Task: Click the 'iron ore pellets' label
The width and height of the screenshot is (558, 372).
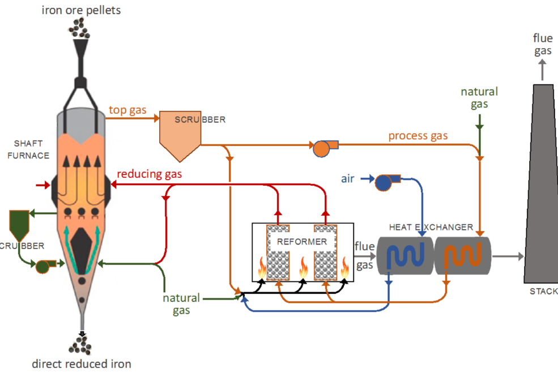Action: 81,10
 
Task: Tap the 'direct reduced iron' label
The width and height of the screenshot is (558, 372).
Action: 82,364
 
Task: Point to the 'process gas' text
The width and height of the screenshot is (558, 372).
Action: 418,136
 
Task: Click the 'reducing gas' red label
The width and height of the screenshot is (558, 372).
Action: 149,174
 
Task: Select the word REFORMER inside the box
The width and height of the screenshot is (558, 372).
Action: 302,241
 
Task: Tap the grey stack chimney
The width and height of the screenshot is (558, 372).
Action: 542,187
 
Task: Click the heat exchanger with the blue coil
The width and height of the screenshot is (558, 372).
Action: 404,255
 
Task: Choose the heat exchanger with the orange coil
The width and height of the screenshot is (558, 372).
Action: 463,255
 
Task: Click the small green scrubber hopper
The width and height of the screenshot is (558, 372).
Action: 19,224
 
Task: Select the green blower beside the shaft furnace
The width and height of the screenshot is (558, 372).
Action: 43,266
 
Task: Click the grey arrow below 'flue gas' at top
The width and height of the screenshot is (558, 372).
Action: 542,70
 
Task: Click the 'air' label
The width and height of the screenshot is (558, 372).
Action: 348,179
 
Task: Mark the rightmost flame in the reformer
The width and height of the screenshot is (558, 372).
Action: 344,268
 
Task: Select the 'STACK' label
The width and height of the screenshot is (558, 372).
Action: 543,292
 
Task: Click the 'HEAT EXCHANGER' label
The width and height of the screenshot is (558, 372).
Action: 431,227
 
